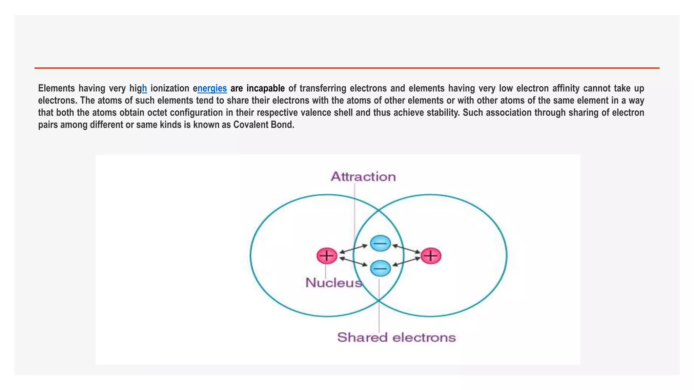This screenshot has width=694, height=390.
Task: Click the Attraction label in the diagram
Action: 363,177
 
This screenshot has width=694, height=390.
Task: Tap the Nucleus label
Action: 334,283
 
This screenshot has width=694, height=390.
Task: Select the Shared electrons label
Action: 396,337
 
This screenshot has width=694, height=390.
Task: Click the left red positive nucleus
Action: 327,256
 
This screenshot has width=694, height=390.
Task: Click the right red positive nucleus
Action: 431,256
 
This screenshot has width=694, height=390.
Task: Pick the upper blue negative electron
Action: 380,243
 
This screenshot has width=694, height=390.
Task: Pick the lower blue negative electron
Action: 380,268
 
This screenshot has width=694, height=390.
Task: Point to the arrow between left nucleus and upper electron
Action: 353,249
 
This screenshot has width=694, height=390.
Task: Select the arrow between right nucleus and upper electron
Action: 407,249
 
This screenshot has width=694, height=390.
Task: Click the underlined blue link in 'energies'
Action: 212,88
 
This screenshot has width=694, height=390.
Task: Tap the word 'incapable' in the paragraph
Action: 265,88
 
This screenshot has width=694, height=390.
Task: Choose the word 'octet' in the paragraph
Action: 157,113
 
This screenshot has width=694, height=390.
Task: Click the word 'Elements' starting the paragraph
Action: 56,88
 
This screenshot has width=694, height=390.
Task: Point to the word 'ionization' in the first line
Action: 170,88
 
